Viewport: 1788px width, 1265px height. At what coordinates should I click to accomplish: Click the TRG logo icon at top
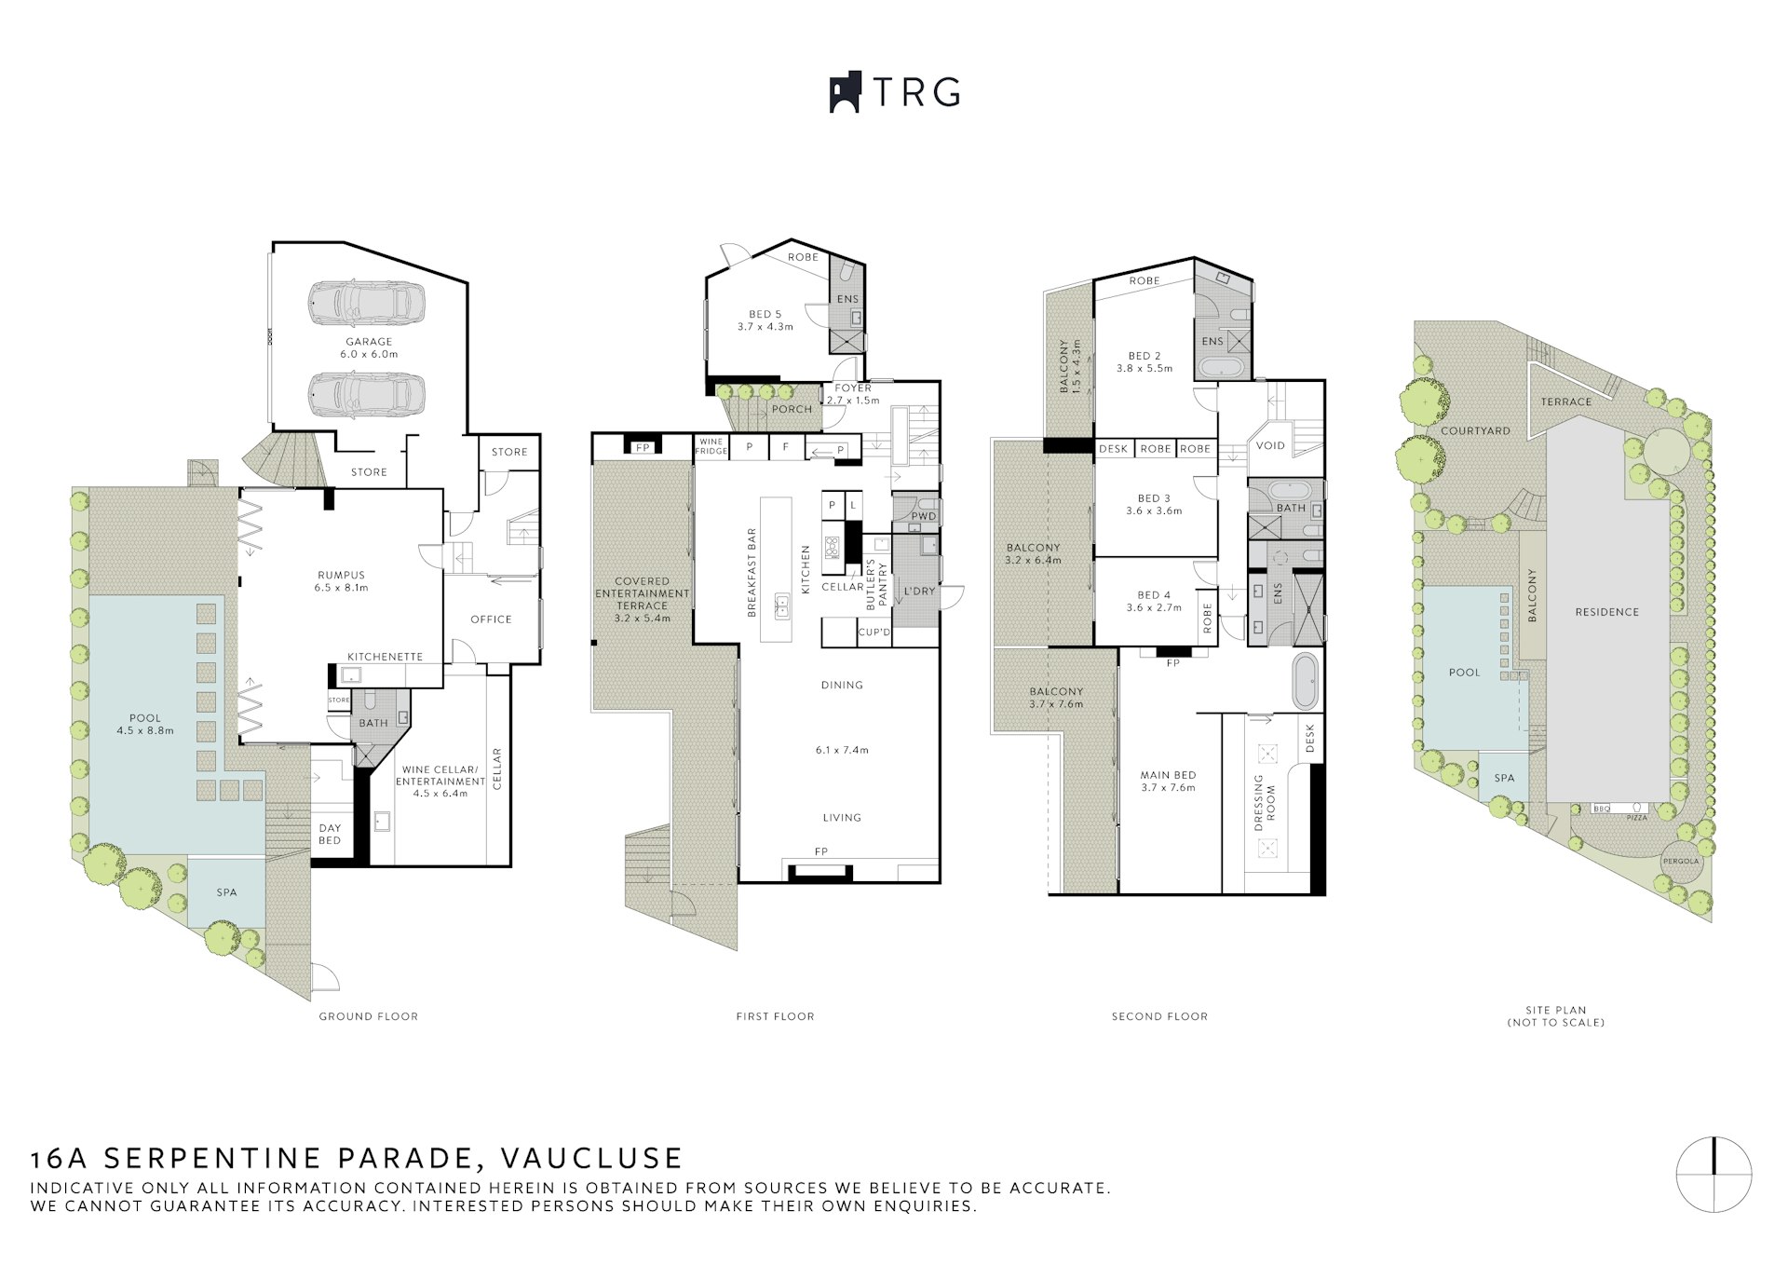845,93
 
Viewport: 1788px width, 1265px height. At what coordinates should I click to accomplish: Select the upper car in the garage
365,301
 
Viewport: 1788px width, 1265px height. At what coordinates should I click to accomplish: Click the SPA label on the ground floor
226,892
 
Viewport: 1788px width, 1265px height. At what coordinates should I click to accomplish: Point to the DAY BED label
330,834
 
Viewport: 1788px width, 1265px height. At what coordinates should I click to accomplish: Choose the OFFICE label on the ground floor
491,619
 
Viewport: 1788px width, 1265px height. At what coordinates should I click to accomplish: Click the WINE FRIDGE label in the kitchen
711,447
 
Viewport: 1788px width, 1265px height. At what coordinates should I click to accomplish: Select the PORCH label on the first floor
792,409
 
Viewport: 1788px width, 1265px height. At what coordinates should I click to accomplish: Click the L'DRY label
919,592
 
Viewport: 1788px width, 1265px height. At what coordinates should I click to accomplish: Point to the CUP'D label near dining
874,633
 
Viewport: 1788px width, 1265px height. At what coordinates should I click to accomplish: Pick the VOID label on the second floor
1270,445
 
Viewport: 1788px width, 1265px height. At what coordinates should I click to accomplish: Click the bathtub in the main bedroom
1305,681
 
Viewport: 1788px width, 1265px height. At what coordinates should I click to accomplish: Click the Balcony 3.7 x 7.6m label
1056,698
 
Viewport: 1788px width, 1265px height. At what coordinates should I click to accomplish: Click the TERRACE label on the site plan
1565,401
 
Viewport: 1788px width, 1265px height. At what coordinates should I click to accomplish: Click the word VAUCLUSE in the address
591,1158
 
